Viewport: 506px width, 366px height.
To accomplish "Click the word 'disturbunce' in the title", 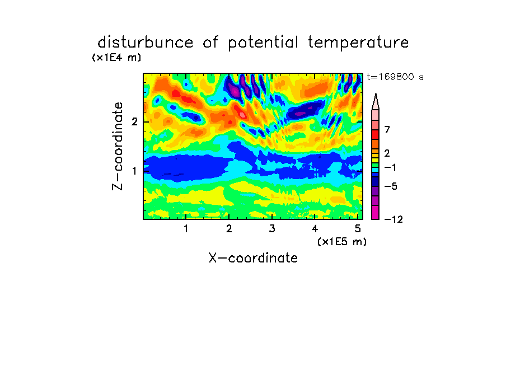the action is (x=145, y=42).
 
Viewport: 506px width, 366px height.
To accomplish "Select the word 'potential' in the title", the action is (x=263, y=43).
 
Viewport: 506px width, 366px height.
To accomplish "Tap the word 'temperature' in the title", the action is (x=358, y=43).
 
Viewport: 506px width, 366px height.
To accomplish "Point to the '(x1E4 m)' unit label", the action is (x=116, y=58).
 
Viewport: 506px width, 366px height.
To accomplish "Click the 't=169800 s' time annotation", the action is (x=395, y=77).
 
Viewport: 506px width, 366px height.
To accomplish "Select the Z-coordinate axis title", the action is (x=118, y=146).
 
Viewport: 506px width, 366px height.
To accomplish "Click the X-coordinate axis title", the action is (x=253, y=258).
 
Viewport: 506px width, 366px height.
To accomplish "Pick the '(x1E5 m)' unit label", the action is (x=342, y=242).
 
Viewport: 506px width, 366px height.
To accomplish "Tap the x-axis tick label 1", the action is (x=186, y=228).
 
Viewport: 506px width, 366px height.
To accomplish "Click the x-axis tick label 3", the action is (x=272, y=228).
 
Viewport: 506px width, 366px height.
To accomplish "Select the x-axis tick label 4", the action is (x=315, y=228).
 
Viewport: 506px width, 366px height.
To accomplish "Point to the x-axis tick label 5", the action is (x=358, y=228).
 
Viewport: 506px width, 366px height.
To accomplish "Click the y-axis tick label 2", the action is (x=134, y=121).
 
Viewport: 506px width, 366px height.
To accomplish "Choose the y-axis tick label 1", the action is (x=134, y=171).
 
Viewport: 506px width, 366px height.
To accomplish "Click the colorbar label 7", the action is (x=387, y=129).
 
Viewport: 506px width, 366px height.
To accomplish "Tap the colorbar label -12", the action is (x=393, y=219).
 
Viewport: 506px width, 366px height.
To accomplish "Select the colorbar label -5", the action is (x=391, y=186).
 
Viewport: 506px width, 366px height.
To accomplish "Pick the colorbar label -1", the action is (x=391, y=167).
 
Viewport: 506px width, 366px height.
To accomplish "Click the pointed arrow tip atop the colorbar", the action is (x=376, y=94).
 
